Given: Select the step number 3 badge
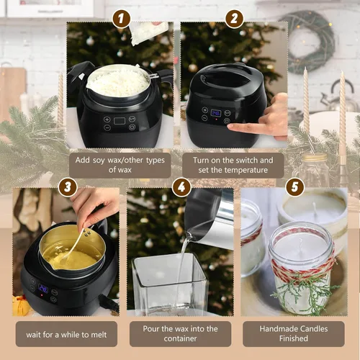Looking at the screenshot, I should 68,186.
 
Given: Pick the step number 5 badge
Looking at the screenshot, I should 292,187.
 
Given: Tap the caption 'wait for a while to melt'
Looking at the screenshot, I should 66,333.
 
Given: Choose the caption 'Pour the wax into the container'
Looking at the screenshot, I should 179,333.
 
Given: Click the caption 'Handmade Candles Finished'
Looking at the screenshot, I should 293,333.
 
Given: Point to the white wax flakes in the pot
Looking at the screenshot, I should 118,81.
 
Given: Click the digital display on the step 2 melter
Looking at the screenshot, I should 216,114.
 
